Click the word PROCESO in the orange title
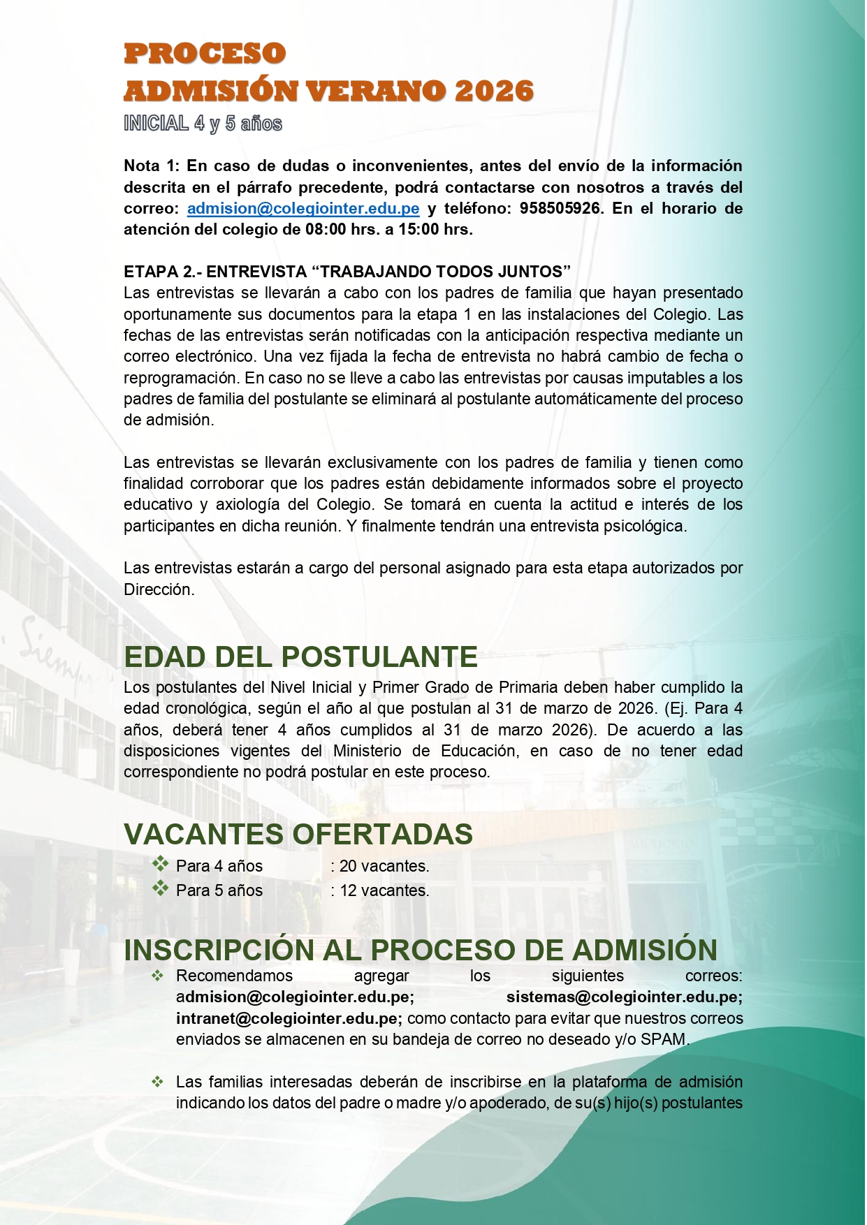pyautogui.click(x=205, y=54)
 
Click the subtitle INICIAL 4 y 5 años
pyautogui.click(x=203, y=124)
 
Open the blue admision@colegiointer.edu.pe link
pyautogui.click(x=303, y=208)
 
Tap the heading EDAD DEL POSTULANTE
pyautogui.click(x=300, y=657)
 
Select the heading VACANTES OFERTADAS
pyautogui.click(x=298, y=834)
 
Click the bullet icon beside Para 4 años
pyautogui.click(x=161, y=864)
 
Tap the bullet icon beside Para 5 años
pyautogui.click(x=161, y=888)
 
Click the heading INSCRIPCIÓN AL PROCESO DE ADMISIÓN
pyautogui.click(x=421, y=950)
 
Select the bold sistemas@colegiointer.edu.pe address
pyautogui.click(x=624, y=997)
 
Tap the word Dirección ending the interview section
pyautogui.click(x=158, y=589)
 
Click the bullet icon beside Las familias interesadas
pyautogui.click(x=158, y=1082)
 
